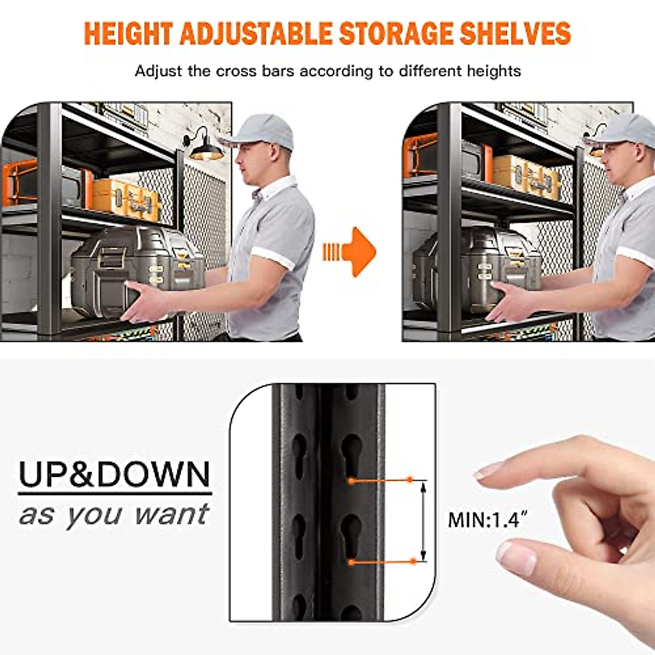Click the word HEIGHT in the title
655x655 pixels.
pyautogui.click(x=129, y=34)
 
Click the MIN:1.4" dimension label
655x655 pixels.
pyautogui.click(x=483, y=520)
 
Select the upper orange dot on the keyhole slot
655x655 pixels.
pyautogui.click(x=352, y=481)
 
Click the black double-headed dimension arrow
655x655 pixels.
pyautogui.click(x=423, y=520)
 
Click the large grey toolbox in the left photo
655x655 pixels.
pyautogui.click(x=136, y=267)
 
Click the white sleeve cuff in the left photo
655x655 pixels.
pyautogui.click(x=273, y=258)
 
